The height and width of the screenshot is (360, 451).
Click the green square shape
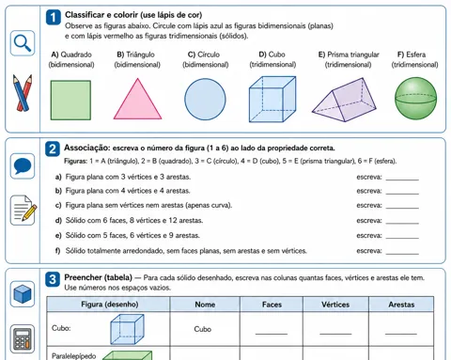tap(70, 101)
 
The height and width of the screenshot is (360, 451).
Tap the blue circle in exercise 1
tap(205, 100)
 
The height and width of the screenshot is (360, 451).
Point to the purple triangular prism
tap(344, 101)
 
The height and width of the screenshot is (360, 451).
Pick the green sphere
tap(415, 99)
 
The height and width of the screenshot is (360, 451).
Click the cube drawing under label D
tap(272, 99)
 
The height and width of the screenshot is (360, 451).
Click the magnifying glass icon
tap(23, 43)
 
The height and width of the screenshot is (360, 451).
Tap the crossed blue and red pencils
tap(23, 92)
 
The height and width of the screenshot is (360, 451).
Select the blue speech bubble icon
tap(23, 166)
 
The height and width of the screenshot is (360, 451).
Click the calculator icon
tap(23, 338)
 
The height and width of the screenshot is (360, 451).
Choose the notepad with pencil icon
tap(23, 210)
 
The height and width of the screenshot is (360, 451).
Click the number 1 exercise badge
tap(54, 17)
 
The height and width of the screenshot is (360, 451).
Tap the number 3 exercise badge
tap(53, 279)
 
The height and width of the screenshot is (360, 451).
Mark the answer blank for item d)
tap(402, 223)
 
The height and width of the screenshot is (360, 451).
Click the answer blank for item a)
tap(402, 180)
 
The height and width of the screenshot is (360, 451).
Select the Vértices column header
tap(335, 305)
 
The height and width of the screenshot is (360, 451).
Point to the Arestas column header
tap(401, 305)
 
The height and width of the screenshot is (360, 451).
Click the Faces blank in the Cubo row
tap(272, 334)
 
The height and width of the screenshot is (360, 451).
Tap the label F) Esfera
tap(412, 55)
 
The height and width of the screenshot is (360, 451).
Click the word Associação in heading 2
tap(87, 148)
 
